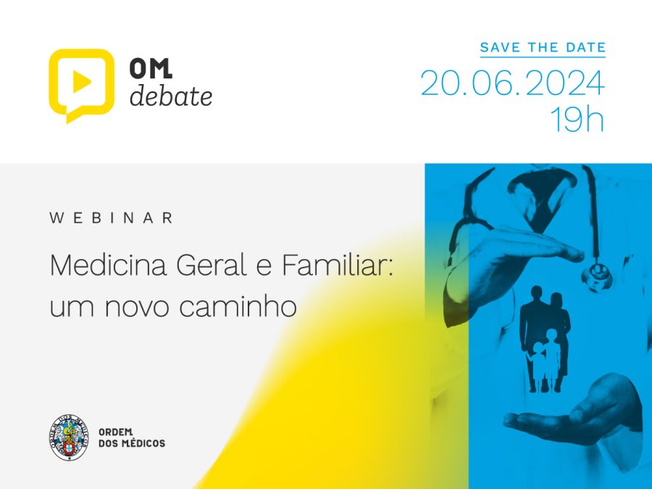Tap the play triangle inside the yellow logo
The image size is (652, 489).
tap(81, 81)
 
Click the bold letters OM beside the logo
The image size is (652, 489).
tap(151, 68)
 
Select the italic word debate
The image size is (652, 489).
tap(171, 96)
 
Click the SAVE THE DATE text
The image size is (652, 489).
tap(543, 47)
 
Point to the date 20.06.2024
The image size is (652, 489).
tap(512, 83)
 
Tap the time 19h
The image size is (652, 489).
tap(577, 119)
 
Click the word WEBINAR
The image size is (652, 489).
tap(111, 218)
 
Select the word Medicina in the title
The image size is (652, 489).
tap(108, 265)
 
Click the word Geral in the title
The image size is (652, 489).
tap(212, 265)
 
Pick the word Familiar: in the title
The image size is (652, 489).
tap(337, 265)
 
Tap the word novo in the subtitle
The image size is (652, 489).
tap(137, 307)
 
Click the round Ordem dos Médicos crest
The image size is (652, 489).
tap(69, 437)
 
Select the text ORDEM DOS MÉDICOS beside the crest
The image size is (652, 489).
tap(132, 437)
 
